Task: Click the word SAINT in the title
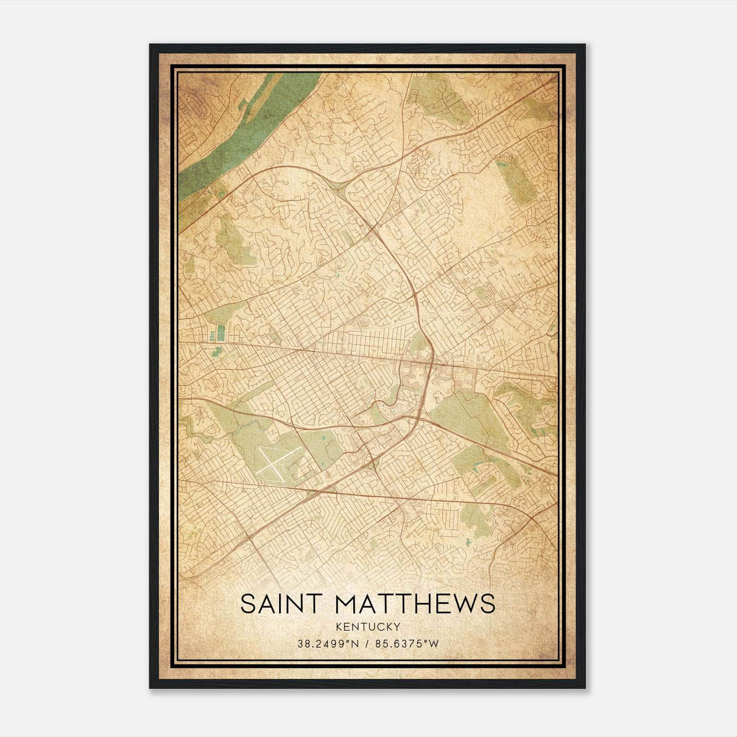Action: click(x=276, y=604)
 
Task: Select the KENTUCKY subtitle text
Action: click(x=368, y=626)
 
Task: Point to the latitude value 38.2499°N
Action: click(x=327, y=644)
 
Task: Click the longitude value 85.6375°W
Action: click(x=407, y=644)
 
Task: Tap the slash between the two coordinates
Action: click(x=367, y=644)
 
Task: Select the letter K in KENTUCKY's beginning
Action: click(x=339, y=626)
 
